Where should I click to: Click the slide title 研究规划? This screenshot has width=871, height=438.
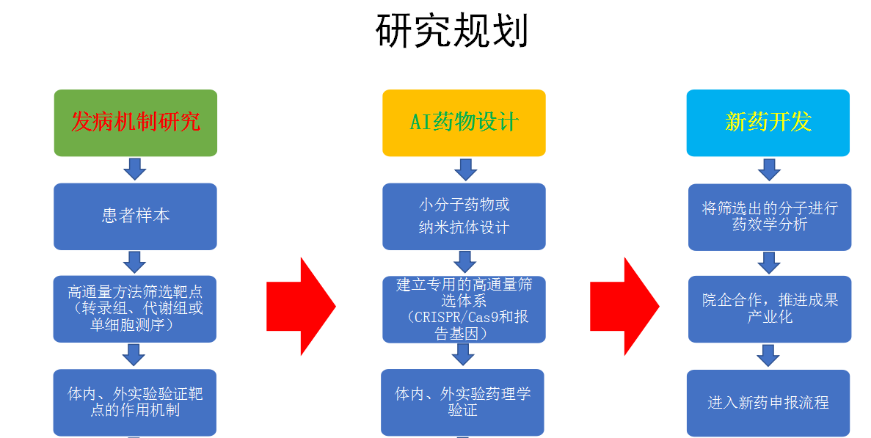pos(452,31)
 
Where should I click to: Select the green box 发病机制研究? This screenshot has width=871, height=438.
pos(136,123)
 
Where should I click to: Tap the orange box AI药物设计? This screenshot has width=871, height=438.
pos(464,123)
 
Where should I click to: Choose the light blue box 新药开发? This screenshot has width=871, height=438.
pos(768,123)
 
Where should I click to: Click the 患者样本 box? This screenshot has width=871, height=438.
pos(136,216)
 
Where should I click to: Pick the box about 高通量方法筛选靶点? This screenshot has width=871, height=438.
pos(136,308)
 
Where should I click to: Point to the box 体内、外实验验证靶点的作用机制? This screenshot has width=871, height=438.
pos(136,402)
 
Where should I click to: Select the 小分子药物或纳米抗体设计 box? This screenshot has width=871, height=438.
pos(464,216)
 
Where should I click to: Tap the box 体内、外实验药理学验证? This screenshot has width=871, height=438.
pos(463,402)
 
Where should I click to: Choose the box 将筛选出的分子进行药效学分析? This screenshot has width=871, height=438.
pos(769,216)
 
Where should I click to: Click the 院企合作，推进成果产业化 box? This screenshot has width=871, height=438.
pos(769,308)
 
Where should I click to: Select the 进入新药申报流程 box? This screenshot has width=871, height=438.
pos(768,403)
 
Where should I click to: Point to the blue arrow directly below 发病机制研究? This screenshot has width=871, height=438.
pos(135,169)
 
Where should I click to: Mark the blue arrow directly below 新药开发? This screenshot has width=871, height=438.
pos(769,169)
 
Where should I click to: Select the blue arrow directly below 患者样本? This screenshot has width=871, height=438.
pos(135,262)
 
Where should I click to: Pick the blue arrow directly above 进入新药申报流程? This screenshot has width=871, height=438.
pos(769,356)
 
